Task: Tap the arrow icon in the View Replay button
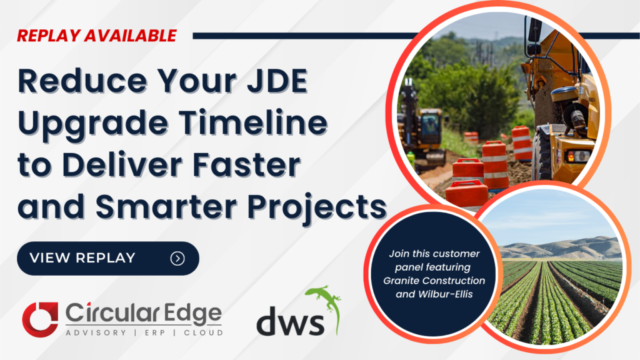177,258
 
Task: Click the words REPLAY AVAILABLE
97,35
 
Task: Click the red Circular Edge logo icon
40,317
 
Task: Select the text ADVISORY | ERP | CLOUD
144,332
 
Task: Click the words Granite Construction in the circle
434,281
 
